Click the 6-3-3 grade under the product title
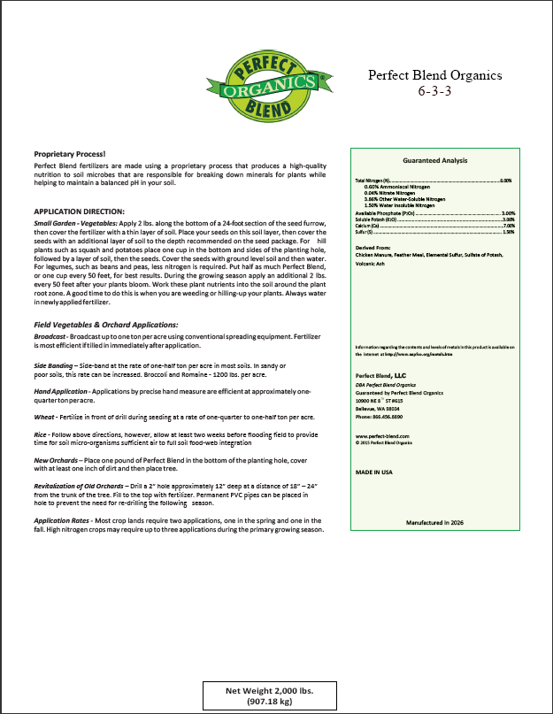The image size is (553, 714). pos(434,91)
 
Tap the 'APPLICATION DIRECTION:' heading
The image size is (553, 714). pos(80,211)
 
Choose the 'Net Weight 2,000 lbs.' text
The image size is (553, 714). pos(269,689)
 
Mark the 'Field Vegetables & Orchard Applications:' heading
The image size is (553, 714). pos(100,326)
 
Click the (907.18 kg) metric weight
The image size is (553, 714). pos(269,702)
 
